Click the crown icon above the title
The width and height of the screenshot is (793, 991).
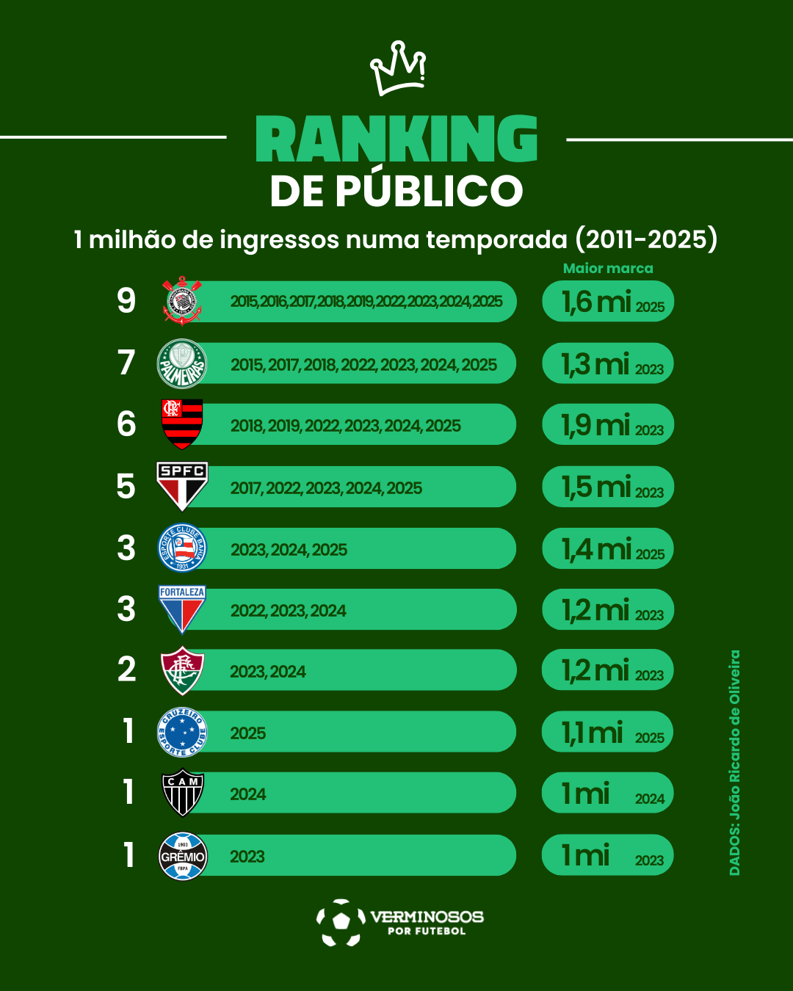(398, 68)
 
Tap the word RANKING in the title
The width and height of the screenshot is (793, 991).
(396, 139)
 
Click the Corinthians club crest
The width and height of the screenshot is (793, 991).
(182, 301)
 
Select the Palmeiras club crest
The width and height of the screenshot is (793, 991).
(182, 363)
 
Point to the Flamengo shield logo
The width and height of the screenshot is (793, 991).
(182, 424)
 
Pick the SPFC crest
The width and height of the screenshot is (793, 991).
(182, 485)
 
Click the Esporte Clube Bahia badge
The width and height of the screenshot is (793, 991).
(183, 548)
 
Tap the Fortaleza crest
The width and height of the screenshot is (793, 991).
(182, 609)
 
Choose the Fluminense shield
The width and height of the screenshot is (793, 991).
(182, 670)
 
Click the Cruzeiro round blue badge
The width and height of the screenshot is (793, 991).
(182, 732)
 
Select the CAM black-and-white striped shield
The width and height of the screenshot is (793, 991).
(182, 793)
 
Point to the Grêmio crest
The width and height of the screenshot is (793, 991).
(183, 855)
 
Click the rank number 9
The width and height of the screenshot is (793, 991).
(126, 301)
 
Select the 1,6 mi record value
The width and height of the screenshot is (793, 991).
(597, 302)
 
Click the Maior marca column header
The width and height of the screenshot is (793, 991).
(608, 269)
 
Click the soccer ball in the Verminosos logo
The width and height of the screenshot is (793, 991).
(341, 922)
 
